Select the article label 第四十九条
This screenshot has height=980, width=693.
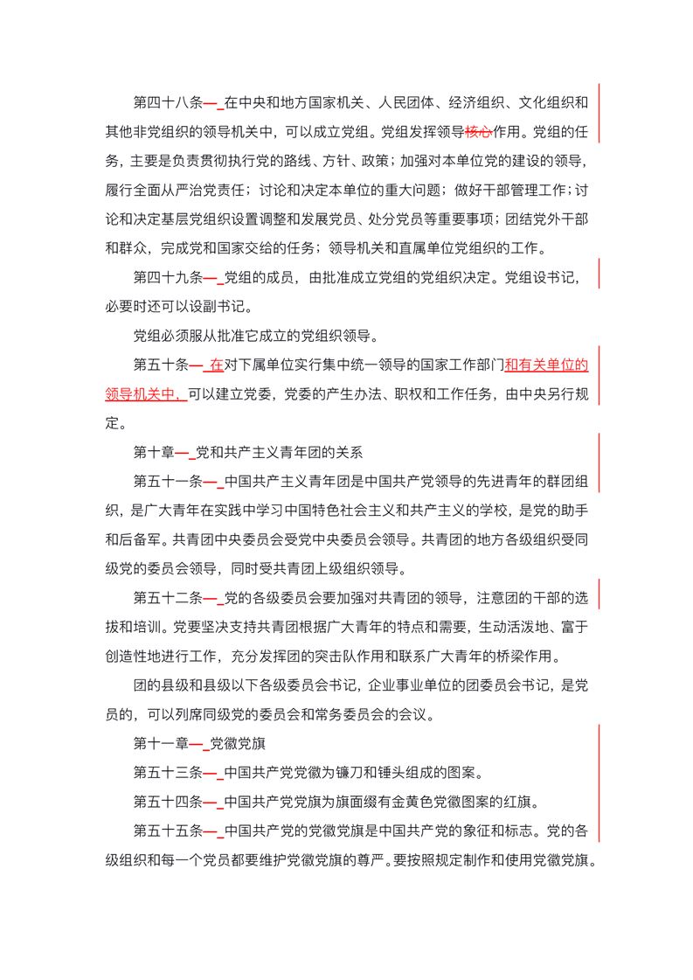click(168, 279)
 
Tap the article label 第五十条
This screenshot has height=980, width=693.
click(161, 365)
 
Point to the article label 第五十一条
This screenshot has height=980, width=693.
click(168, 481)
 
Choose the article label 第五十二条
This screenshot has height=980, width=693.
click(168, 598)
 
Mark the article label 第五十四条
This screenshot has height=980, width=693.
click(168, 801)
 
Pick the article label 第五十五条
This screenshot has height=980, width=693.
click(168, 830)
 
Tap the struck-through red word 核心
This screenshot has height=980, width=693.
click(478, 134)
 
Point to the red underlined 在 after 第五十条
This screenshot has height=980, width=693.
click(216, 365)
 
